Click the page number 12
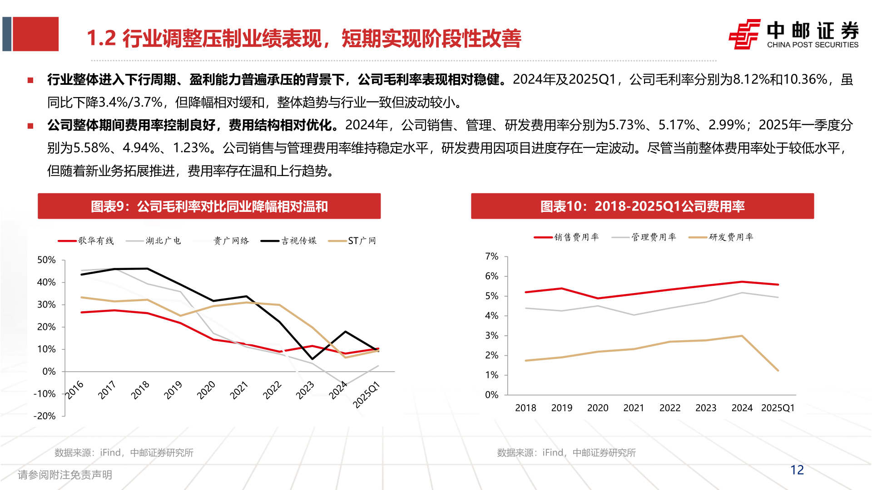(x=797, y=470)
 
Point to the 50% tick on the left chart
(x=46, y=260)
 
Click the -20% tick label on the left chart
(x=45, y=416)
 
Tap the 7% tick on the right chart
(x=491, y=256)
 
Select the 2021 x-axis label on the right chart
(x=634, y=408)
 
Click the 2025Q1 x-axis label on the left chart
(x=366, y=395)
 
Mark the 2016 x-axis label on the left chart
(x=74, y=390)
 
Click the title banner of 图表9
(x=209, y=206)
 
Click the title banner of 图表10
(x=642, y=206)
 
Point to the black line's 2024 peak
(x=346, y=332)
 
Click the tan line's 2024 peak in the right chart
(x=742, y=336)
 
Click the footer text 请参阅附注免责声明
(x=65, y=475)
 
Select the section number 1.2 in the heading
(x=101, y=39)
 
